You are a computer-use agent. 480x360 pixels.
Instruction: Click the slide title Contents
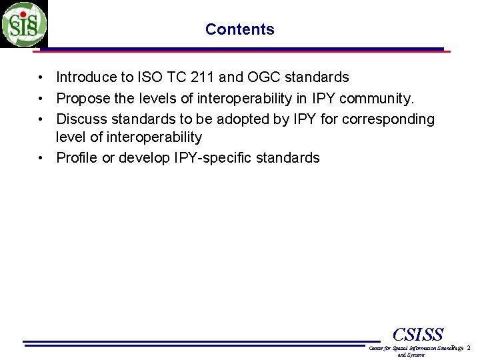(239, 29)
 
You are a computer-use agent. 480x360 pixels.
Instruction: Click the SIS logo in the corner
(24, 24)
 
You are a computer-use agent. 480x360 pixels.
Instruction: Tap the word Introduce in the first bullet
(85, 78)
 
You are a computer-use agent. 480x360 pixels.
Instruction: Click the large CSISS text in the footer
(418, 335)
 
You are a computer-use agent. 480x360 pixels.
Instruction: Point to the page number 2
(468, 348)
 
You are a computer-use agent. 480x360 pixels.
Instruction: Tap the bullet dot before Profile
(41, 159)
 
